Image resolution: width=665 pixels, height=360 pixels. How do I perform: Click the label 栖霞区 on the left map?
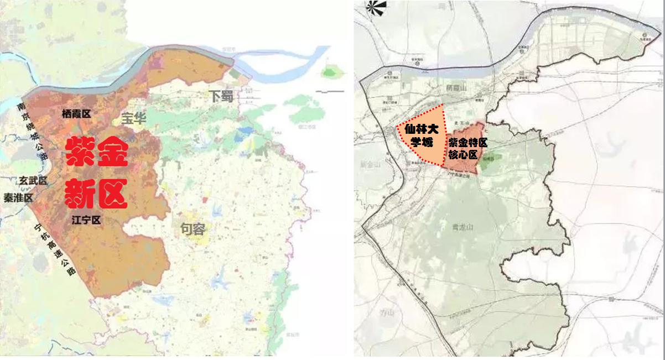[x=76, y=114]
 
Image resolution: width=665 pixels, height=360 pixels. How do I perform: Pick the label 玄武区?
[x=34, y=181]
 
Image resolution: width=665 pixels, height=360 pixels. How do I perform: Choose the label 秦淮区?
[x=18, y=197]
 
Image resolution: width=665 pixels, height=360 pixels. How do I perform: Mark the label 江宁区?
[x=87, y=220]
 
